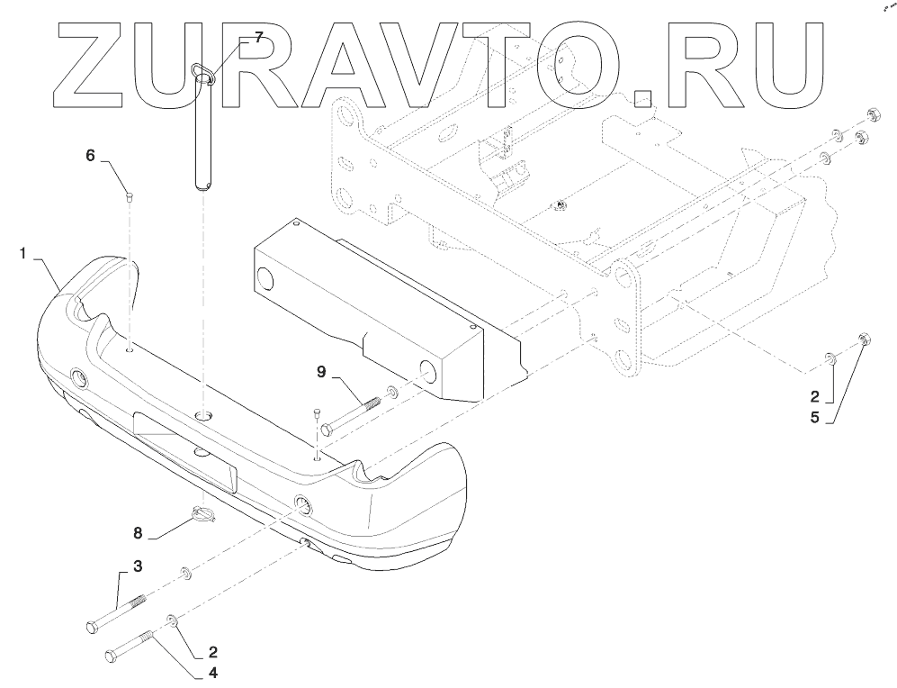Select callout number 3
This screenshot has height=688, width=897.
coord(138,566)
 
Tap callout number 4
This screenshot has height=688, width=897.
coord(212,671)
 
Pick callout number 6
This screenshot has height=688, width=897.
coord(90,155)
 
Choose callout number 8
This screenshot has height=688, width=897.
coord(138,533)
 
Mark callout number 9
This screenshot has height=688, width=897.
coord(321,370)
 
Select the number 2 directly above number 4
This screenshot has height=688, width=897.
coord(212,649)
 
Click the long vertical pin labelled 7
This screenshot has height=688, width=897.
coord(203,135)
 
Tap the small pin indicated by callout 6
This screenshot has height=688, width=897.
coord(130,193)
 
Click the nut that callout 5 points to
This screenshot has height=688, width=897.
coord(863,339)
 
